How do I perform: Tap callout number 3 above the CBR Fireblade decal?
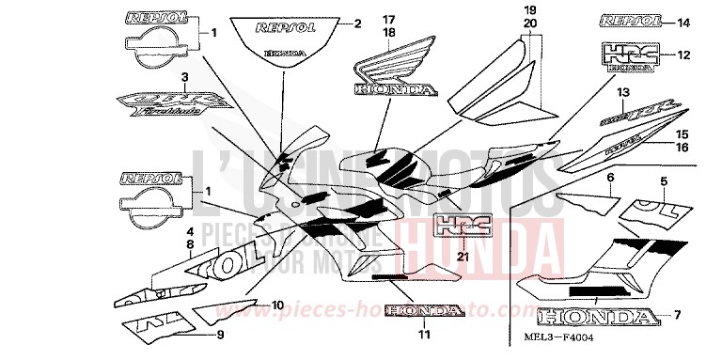click(186, 76)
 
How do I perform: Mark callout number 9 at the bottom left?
click(220, 334)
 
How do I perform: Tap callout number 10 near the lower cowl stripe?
click(276, 304)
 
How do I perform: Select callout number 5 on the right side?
click(663, 180)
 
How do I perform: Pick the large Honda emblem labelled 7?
click(599, 316)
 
